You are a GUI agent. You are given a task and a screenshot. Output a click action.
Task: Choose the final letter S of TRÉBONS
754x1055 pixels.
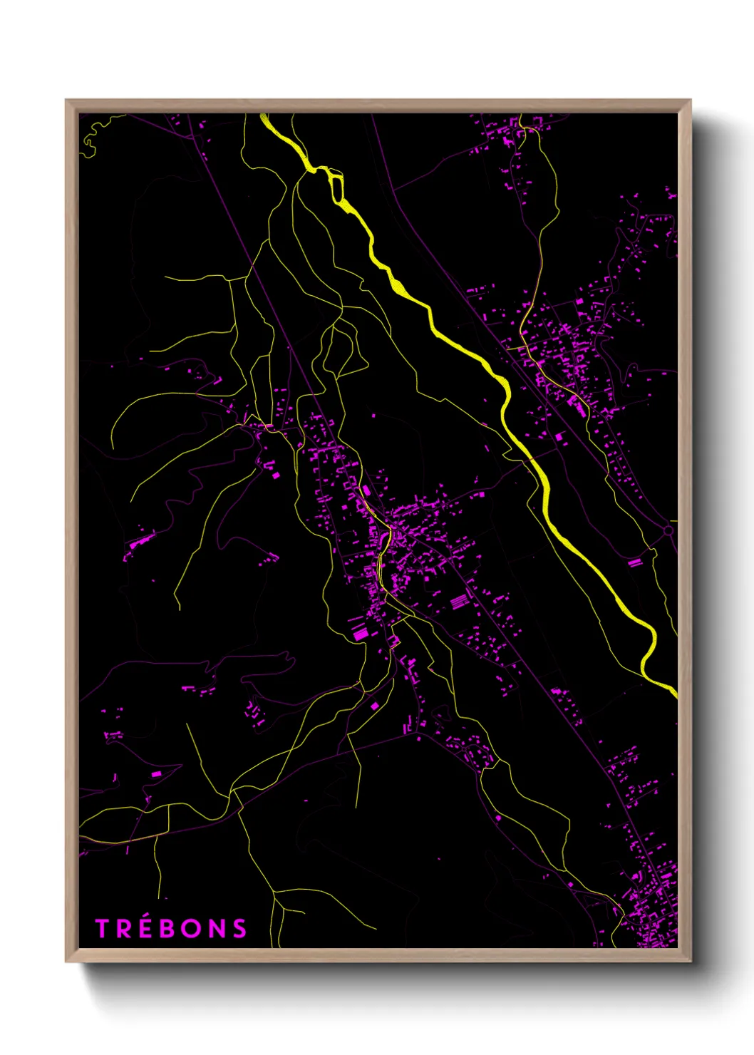pyautogui.click(x=239, y=928)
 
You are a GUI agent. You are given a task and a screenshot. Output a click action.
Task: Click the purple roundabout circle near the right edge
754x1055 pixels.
pyautogui.click(x=668, y=530)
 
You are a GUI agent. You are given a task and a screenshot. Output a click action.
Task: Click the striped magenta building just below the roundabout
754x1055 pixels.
pyautogui.click(x=634, y=562)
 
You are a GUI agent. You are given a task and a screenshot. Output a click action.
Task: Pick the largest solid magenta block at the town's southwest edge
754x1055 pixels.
pyautogui.click(x=360, y=632)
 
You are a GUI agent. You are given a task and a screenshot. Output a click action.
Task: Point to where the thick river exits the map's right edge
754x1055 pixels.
pyautogui.click(x=673, y=690)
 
